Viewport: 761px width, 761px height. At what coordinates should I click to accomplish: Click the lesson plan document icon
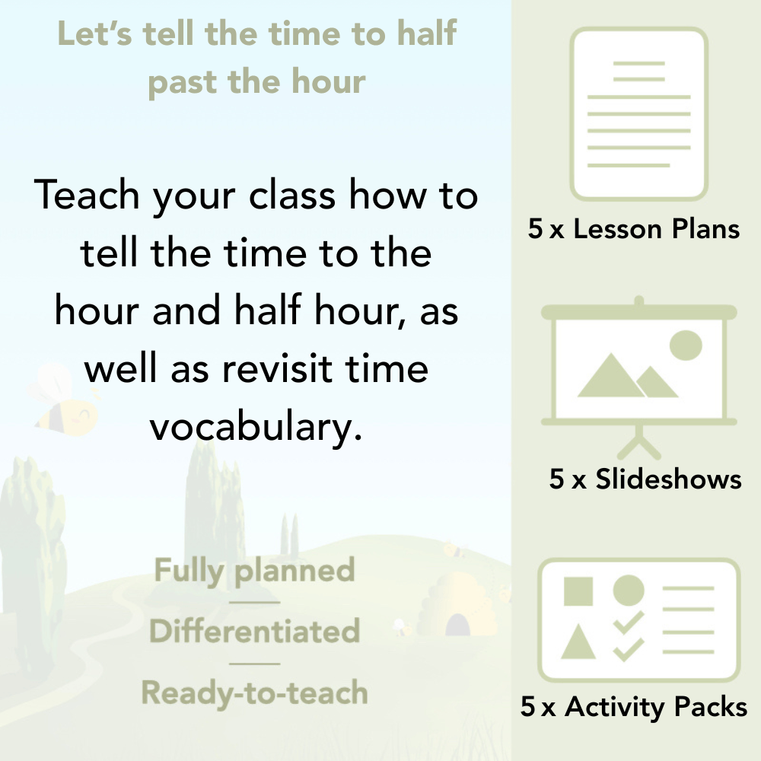click(x=638, y=113)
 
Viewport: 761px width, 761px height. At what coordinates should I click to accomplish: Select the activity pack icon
click(x=638, y=619)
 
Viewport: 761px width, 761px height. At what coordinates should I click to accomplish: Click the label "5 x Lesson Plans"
click(x=633, y=229)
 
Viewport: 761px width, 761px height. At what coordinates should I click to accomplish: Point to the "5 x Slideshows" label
click(x=645, y=479)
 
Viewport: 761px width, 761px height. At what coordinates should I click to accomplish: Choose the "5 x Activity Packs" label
click(x=633, y=707)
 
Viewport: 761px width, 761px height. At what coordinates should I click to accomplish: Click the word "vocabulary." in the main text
click(x=254, y=427)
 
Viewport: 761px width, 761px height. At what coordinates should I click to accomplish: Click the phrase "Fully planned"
click(x=254, y=571)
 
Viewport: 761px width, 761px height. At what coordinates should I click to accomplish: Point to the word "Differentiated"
click(x=254, y=631)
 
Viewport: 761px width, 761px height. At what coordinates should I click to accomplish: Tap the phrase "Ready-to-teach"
click(x=254, y=693)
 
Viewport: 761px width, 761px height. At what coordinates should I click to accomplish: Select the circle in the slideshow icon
click(x=685, y=344)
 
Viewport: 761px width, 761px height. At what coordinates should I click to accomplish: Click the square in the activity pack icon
click(x=578, y=591)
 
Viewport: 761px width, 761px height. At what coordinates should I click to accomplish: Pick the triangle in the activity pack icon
click(x=578, y=644)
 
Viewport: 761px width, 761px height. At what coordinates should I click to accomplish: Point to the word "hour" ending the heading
click(x=329, y=81)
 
